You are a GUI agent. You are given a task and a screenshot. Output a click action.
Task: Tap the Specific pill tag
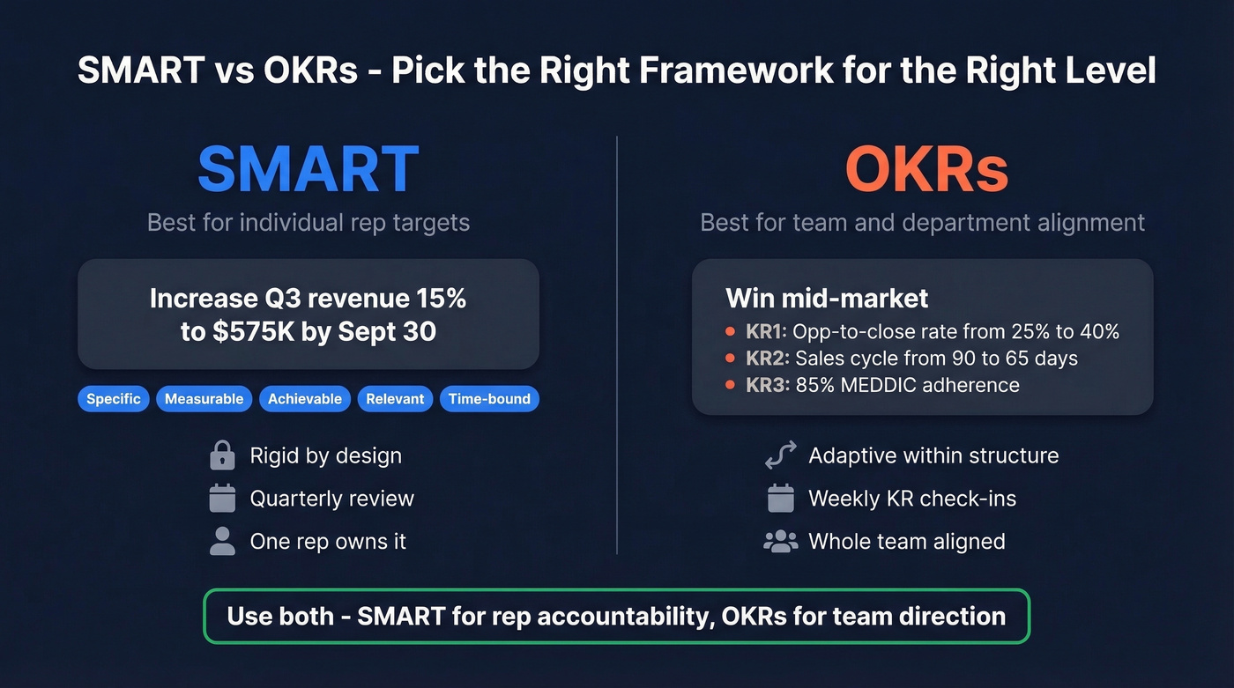point(114,399)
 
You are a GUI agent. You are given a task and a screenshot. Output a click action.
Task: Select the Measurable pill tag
point(204,399)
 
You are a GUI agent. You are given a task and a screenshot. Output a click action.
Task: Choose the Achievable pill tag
point(305,399)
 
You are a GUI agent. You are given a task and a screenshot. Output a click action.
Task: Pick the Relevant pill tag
point(395,399)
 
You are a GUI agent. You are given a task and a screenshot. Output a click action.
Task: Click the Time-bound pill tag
point(489,399)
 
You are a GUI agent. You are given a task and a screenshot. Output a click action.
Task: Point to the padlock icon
point(222,455)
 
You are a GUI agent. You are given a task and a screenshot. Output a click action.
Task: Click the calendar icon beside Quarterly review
point(222,499)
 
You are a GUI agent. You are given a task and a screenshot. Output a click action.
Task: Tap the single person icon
point(222,541)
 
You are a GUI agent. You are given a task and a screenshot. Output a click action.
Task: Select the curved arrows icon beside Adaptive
point(780,455)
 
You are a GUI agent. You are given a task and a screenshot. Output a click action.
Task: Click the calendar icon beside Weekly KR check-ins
point(780,499)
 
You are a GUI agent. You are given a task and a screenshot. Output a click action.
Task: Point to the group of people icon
point(780,541)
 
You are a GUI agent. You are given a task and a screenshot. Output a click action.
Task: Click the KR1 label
point(765,332)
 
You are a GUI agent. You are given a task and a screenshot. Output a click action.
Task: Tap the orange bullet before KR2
point(730,359)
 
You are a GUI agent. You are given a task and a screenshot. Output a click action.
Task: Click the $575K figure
point(247,333)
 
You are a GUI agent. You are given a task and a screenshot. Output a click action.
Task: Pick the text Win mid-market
point(827,298)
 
